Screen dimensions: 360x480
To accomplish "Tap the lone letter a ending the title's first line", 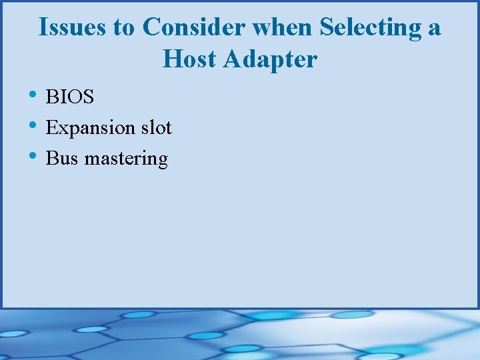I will point(435,29).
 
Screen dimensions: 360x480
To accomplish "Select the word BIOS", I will point(70,97).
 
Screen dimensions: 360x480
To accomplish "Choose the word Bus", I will point(62,159).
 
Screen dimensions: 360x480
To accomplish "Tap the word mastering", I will point(126,160).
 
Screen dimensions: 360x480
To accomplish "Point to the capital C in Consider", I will point(151,28).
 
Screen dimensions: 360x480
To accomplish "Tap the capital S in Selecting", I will point(327,28).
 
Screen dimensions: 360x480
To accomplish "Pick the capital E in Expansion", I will point(51,128).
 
